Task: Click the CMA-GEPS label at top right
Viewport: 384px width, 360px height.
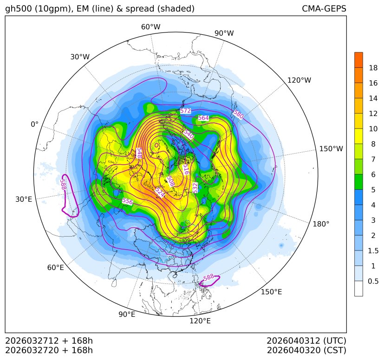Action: coord(324,9)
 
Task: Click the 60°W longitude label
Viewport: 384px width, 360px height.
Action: coord(150,27)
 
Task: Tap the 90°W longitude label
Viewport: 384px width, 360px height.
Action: coord(224,33)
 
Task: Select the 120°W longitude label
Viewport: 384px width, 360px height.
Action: coord(299,80)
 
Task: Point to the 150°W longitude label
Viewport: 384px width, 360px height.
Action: coord(331,149)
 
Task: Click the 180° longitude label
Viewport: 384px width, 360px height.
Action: coord(321,224)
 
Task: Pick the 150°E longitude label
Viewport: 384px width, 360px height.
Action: coord(271,292)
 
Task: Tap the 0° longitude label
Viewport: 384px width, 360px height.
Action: coord(35,124)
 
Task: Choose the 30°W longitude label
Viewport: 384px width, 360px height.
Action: coord(80,57)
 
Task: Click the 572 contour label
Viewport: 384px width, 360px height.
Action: coord(185,111)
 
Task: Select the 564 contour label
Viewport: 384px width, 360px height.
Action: coord(203,118)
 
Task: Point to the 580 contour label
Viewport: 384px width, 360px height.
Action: coord(238,115)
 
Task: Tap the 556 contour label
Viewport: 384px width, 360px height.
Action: coord(127,202)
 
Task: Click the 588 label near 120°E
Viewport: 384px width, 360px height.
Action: coord(208,277)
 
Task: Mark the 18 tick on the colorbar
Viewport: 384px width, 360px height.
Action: coord(373,68)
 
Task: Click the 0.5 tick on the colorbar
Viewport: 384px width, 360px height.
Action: coord(373,281)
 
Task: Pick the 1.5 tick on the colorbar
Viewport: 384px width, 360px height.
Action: coord(373,251)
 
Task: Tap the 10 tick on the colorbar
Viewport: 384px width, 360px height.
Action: coord(373,129)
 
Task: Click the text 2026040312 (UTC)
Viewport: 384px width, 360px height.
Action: coord(306,341)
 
